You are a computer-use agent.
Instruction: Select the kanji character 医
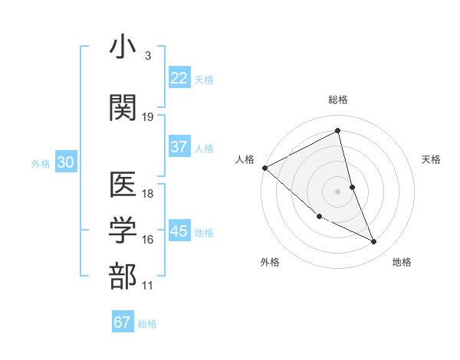tap(123, 185)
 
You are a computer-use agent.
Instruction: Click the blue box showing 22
tap(179, 78)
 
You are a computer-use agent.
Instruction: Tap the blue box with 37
tap(179, 148)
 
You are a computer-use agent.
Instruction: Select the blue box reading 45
tap(179, 232)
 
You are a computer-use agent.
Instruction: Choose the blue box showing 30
tap(65, 163)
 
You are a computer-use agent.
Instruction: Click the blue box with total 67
tap(122, 322)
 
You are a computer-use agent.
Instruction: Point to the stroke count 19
tap(148, 117)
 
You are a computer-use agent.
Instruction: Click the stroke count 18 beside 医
tap(148, 195)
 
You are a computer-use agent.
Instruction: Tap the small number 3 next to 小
tap(147, 56)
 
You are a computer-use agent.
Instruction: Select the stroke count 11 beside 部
tap(148, 286)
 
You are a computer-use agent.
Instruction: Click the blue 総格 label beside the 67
tap(147, 324)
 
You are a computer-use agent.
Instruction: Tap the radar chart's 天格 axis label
tap(432, 159)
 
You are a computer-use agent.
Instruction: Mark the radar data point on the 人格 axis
tap(264, 168)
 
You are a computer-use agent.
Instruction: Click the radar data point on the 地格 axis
tap(374, 242)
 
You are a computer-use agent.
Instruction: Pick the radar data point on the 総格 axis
tap(338, 131)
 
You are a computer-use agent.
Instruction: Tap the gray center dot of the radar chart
tap(338, 191)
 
